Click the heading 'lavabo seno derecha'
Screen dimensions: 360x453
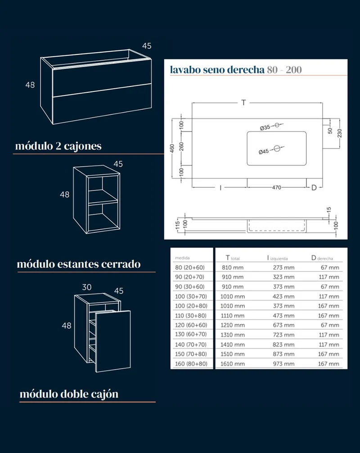tap(217, 70)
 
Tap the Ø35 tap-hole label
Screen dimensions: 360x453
tap(265, 127)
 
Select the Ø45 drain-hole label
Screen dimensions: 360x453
tap(264, 152)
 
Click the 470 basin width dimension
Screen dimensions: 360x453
tap(277, 187)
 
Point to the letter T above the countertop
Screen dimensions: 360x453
tap(243, 103)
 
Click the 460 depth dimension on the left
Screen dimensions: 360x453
tap(172, 149)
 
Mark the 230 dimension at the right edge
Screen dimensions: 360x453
tap(339, 133)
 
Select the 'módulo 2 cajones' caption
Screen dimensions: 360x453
tap(58, 146)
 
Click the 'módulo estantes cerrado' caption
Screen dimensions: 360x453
tap(79, 264)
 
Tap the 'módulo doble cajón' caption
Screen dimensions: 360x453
tap(69, 394)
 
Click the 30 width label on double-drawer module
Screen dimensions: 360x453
tap(86, 287)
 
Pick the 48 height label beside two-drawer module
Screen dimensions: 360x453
tap(30, 85)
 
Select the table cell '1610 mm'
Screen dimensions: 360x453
tap(233, 364)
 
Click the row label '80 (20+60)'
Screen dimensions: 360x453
tap(189, 267)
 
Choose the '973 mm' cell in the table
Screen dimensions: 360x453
tap(284, 364)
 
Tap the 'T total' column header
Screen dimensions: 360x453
tap(233, 258)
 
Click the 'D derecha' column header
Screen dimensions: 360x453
tap(322, 258)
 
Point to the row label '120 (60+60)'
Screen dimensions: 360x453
tap(191, 325)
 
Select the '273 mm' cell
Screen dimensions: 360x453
tap(284, 267)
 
